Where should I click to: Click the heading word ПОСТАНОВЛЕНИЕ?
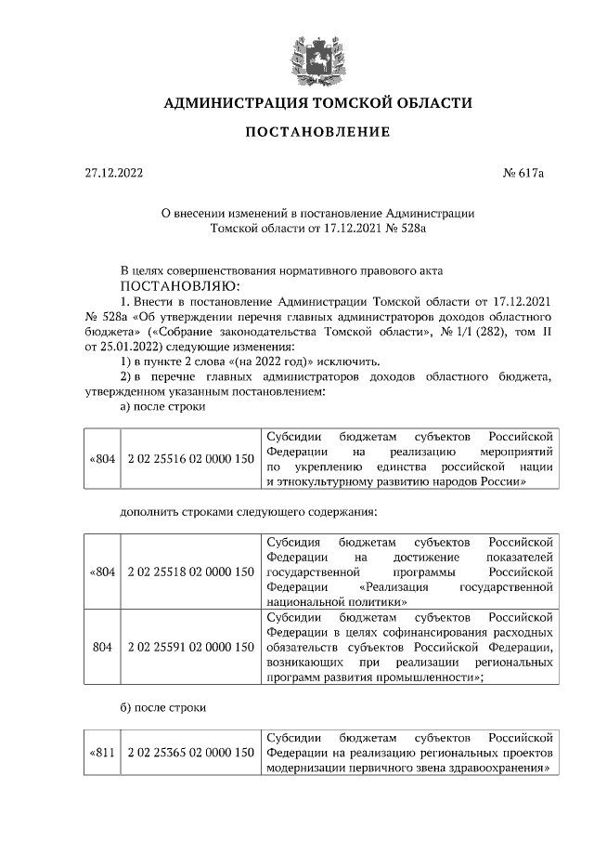click(x=316, y=132)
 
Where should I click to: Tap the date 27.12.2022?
click(x=110, y=173)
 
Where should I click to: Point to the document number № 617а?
click(x=528, y=173)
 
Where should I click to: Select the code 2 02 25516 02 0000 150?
click(x=190, y=458)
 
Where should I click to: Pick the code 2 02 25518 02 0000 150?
click(x=190, y=571)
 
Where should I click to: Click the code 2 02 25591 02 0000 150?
click(x=190, y=645)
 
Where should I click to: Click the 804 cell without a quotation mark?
click(x=102, y=645)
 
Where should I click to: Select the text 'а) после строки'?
click(x=163, y=406)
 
